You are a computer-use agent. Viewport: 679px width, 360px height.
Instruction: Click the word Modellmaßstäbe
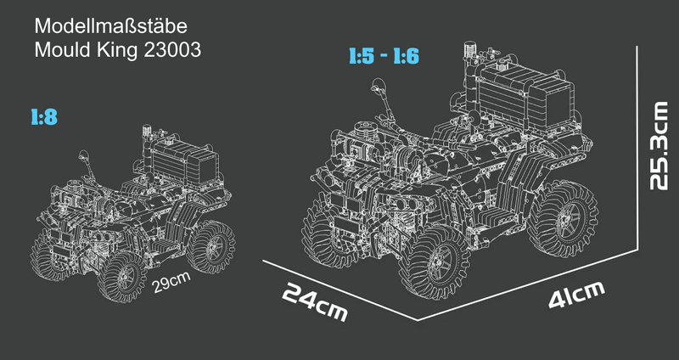(x=111, y=26)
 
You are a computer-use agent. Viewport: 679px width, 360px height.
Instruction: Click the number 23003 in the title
(x=172, y=50)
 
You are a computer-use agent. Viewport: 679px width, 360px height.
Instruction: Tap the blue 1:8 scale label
(x=44, y=117)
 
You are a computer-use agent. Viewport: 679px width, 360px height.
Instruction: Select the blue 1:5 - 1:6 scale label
(x=384, y=56)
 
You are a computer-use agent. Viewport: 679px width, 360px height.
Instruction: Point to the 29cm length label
(x=172, y=283)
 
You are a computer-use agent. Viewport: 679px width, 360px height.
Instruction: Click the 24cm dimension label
(x=315, y=302)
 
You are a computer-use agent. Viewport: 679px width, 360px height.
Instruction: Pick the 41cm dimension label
(x=576, y=295)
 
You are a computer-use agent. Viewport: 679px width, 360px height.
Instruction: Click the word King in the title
(x=118, y=50)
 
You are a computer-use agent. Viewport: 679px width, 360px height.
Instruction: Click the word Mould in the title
(x=63, y=50)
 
